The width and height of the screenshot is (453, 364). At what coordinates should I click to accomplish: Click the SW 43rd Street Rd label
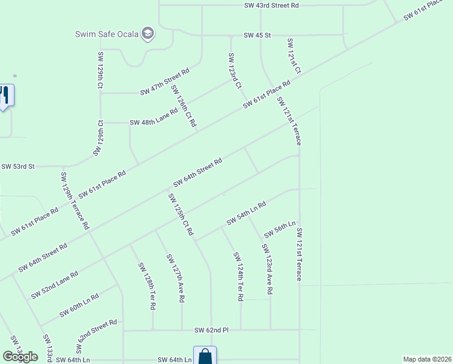[271, 5]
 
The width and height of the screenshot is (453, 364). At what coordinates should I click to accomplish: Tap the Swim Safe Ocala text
[107, 33]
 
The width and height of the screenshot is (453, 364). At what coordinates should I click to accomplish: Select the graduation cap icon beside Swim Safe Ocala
[147, 33]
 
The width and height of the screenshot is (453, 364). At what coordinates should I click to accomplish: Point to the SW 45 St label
[257, 36]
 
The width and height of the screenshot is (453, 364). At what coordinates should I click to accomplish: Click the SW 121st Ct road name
[294, 56]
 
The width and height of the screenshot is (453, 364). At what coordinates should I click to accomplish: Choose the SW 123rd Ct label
[234, 70]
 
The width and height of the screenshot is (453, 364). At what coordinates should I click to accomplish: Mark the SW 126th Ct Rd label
[184, 106]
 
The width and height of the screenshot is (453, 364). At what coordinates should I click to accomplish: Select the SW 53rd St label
[19, 166]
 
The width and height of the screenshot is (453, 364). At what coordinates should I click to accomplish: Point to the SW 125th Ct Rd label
[180, 214]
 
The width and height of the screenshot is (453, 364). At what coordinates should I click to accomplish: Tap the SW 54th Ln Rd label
[246, 214]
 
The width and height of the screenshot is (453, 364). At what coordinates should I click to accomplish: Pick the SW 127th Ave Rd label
[175, 278]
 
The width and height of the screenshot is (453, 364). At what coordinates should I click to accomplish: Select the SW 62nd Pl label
[211, 330]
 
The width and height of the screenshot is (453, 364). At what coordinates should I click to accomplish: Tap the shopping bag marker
[205, 356]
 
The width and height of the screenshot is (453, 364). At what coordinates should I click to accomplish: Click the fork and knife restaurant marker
[5, 95]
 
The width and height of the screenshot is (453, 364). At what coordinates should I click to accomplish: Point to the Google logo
[20, 357]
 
